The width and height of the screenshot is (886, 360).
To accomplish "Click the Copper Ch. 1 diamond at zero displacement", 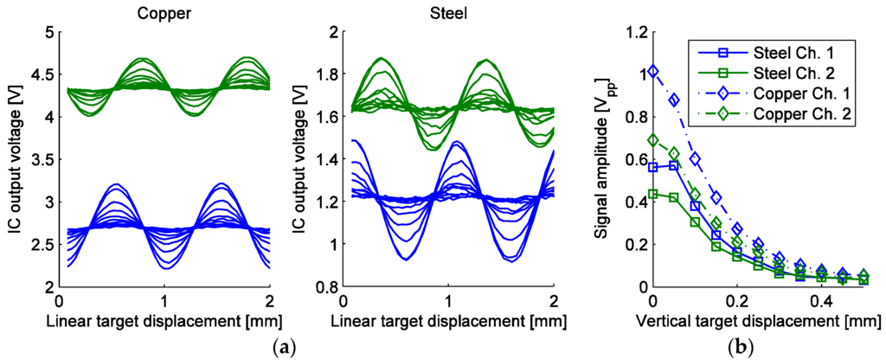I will [653, 71].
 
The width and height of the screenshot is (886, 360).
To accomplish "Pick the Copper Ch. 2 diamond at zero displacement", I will [653, 139].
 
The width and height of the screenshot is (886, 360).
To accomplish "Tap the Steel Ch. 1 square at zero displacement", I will [653, 167].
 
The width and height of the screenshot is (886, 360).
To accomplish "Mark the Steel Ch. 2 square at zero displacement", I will [653, 194].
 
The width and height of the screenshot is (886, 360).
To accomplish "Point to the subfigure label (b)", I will [743, 346].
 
